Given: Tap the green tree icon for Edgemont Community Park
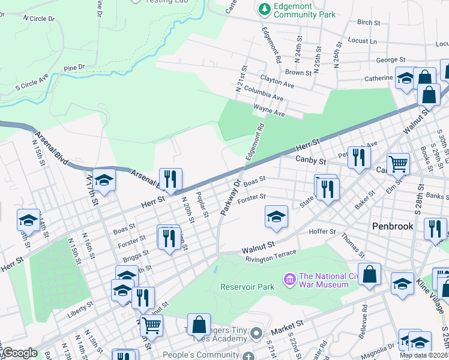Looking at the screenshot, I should click(x=264, y=8).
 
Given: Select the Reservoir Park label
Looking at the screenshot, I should click(x=247, y=287).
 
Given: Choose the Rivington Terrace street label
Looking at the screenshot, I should click(x=270, y=256).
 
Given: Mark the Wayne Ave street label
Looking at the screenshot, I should click(x=268, y=110).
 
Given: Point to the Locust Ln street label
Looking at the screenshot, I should click(x=362, y=41).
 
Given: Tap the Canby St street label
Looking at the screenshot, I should click(x=311, y=160).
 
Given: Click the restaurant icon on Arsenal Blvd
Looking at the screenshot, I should click(x=170, y=178).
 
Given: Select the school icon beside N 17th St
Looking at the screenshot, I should click(x=104, y=179).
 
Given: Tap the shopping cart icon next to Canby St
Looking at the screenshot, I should click(x=398, y=163).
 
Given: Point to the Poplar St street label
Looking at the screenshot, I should click(x=202, y=209).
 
